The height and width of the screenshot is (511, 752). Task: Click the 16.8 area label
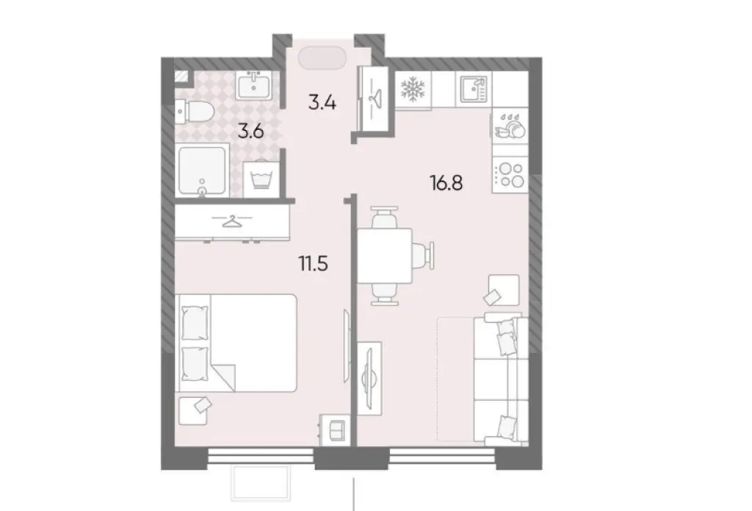click(x=446, y=183)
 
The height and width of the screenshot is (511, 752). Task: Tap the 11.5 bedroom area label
click(x=314, y=264)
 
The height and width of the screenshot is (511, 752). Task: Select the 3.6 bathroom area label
click(x=251, y=131)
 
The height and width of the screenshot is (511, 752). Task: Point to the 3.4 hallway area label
click(x=322, y=102)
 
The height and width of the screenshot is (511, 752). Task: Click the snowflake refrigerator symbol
click(x=413, y=90)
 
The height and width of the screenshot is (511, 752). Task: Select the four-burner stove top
click(x=510, y=175)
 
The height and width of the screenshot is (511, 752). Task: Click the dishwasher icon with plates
click(x=510, y=126)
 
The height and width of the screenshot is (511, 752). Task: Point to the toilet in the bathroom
click(x=193, y=112)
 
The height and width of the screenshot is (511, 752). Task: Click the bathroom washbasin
click(x=253, y=85)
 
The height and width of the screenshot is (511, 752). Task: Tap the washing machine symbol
click(x=261, y=179)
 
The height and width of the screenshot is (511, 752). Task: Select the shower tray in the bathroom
click(x=201, y=171)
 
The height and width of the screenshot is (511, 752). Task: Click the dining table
click(x=385, y=257)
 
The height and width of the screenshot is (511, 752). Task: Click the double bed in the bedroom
click(x=237, y=343)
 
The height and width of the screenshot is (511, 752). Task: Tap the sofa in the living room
click(x=501, y=379)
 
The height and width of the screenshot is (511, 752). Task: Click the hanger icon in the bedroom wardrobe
click(x=231, y=221)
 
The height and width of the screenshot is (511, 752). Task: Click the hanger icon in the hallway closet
click(x=373, y=99)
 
